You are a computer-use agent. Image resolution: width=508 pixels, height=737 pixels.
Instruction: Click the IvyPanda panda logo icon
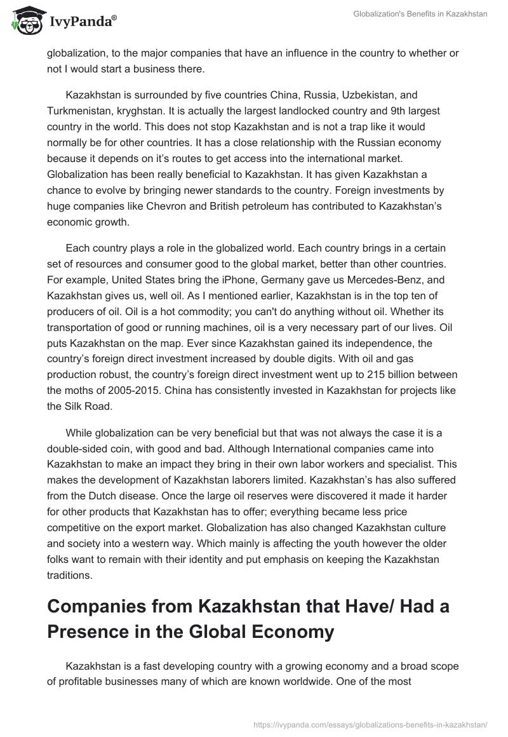[25, 20]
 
